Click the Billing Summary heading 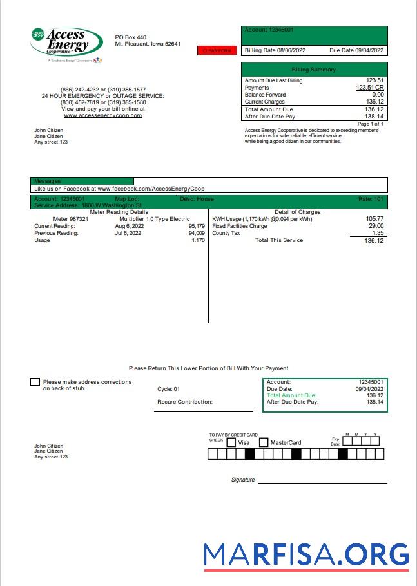click(314, 70)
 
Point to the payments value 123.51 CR click(370, 88)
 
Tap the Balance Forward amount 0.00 click(378, 95)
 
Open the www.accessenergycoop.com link click(102, 115)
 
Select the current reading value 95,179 click(197, 226)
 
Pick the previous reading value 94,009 click(197, 233)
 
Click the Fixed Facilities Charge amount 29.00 click(376, 226)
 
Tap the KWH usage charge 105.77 click(374, 219)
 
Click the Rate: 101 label click(371, 199)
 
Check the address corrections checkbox click(35, 383)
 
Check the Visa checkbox click(231, 442)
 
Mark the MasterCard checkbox click(264, 442)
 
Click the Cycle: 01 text click(169, 389)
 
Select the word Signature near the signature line click(243, 480)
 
